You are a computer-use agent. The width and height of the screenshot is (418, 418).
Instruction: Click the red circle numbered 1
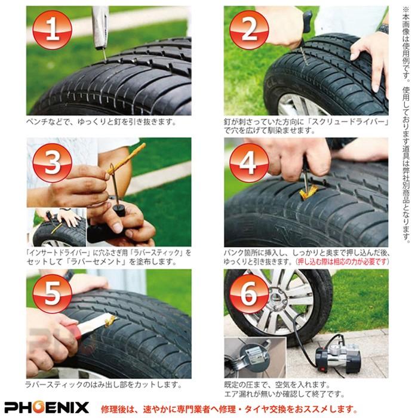point(52,30)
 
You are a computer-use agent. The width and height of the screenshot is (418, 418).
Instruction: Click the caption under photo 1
point(101,122)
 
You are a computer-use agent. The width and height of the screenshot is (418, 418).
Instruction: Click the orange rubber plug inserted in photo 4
point(309,192)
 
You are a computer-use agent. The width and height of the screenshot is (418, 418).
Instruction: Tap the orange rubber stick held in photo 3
point(126,159)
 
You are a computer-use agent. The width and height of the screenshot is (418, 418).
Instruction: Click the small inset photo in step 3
point(56,228)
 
